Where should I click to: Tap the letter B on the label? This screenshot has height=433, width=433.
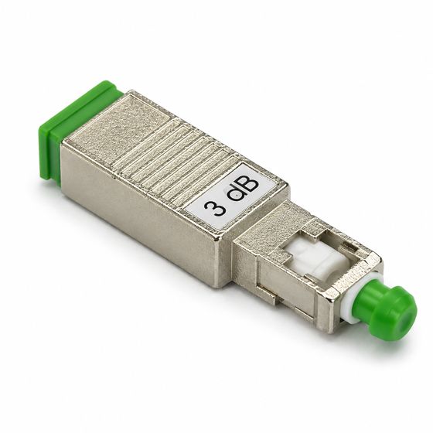(247, 184)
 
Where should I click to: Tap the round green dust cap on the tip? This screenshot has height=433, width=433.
(387, 312)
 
